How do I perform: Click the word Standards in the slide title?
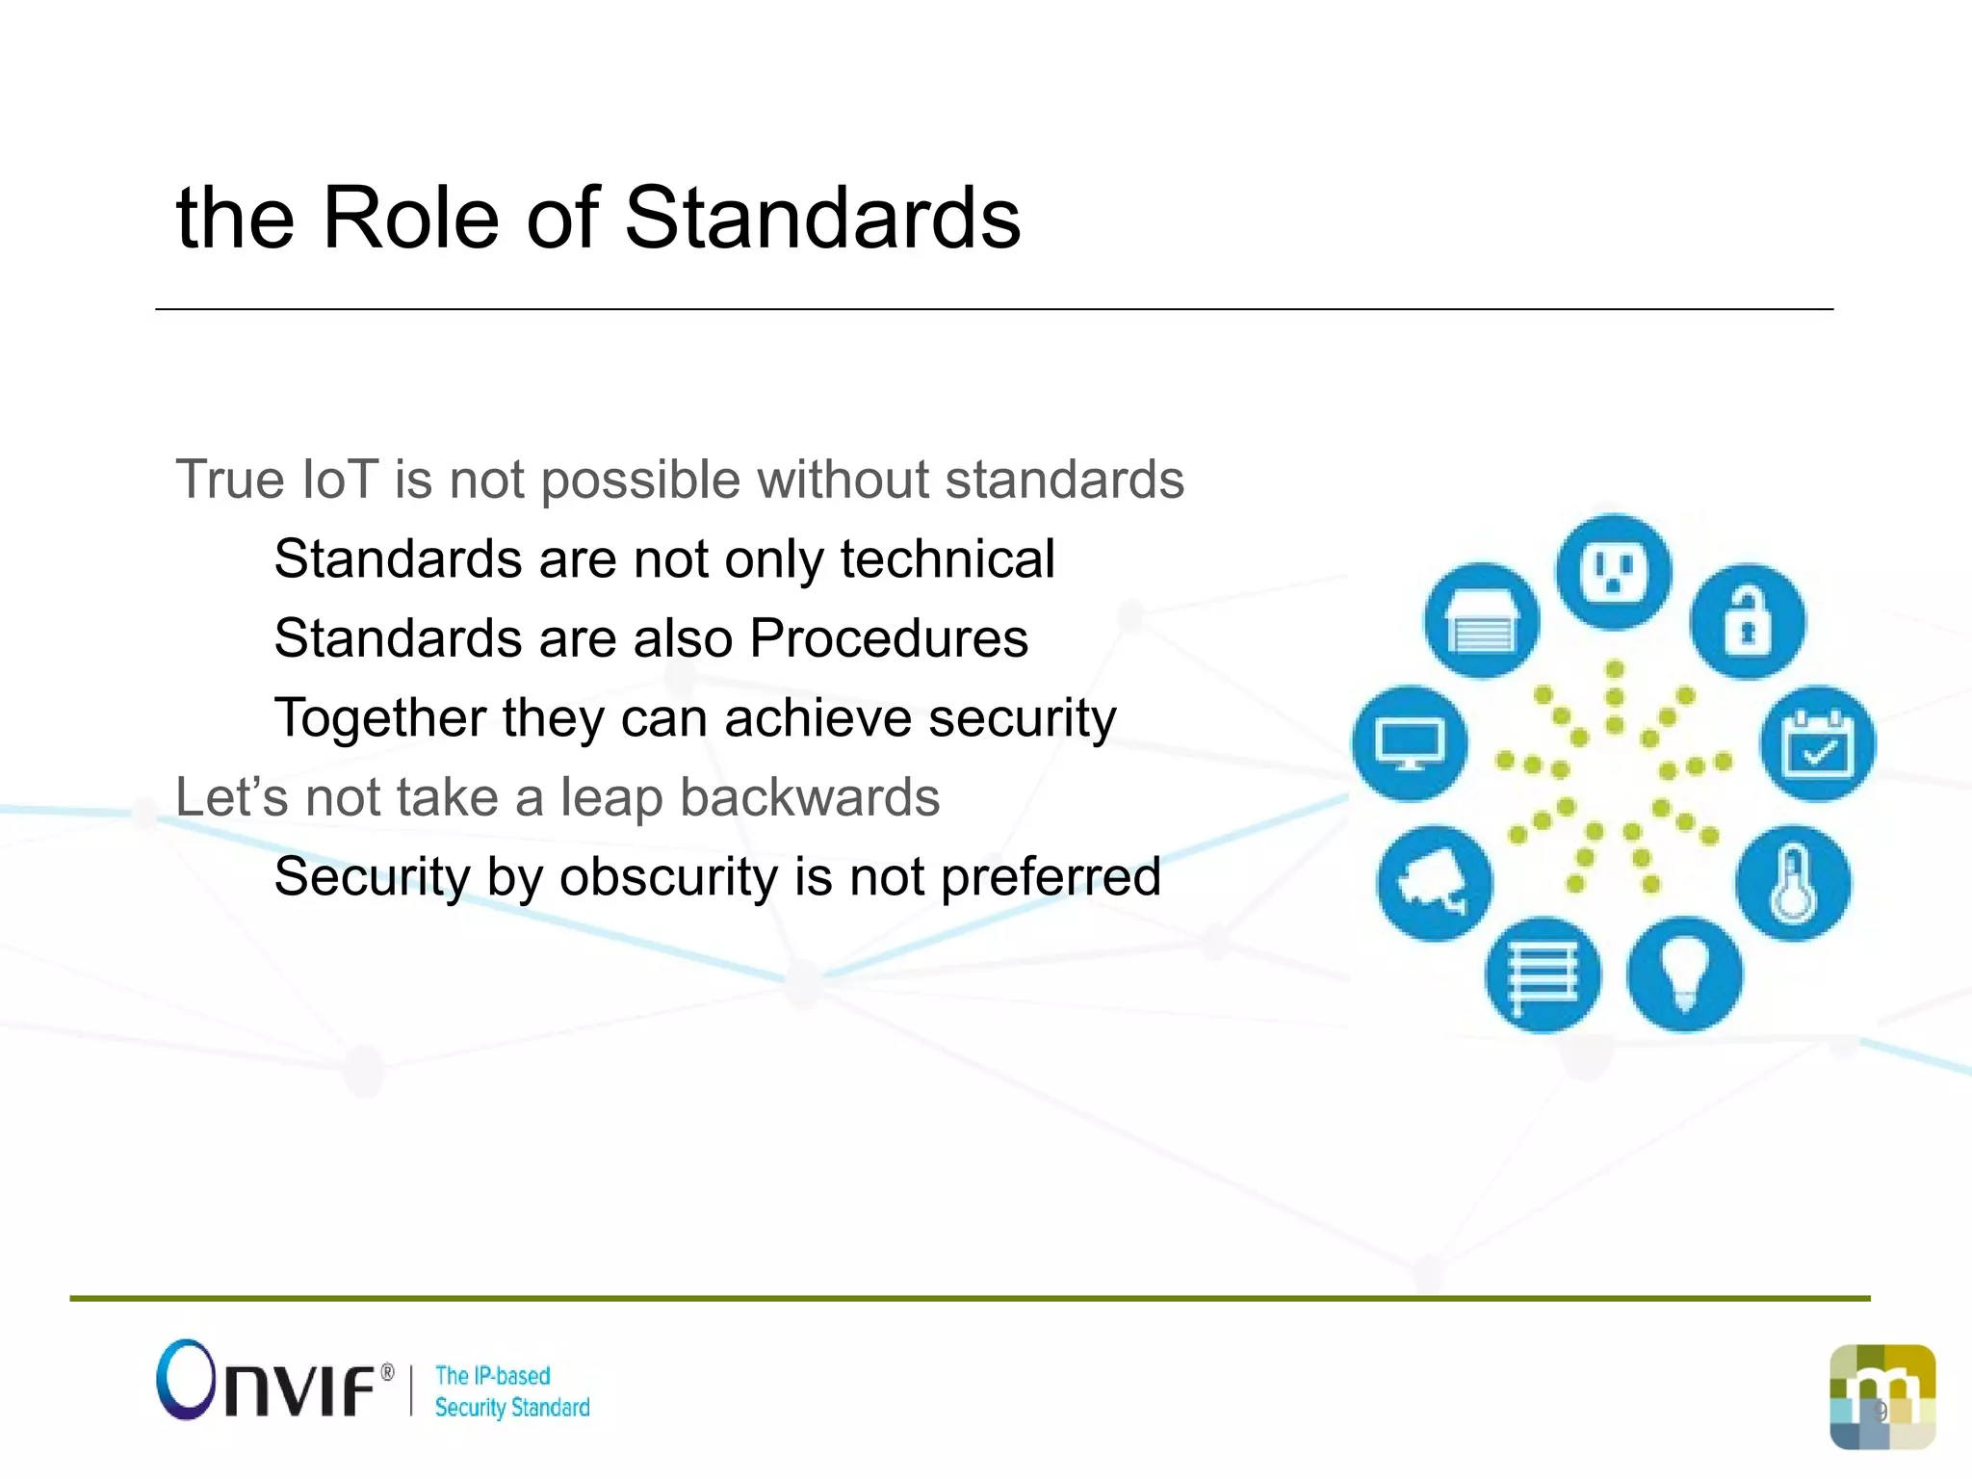point(822,219)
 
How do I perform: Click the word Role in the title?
point(411,219)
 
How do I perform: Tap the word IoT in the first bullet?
point(339,480)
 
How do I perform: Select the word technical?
point(947,559)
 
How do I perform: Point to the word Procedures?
point(889,638)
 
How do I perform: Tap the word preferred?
point(1051,877)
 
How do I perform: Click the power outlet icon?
point(1614,572)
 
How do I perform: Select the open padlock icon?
point(1748,621)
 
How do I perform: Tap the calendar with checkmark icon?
point(1818,743)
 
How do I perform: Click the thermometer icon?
point(1793,883)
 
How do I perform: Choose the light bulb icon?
point(1684,974)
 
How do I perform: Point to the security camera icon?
point(1434,883)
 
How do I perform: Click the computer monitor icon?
point(1410,743)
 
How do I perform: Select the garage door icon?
point(1482,621)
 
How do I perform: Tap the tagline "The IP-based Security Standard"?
point(511,1391)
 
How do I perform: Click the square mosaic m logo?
point(1882,1396)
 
